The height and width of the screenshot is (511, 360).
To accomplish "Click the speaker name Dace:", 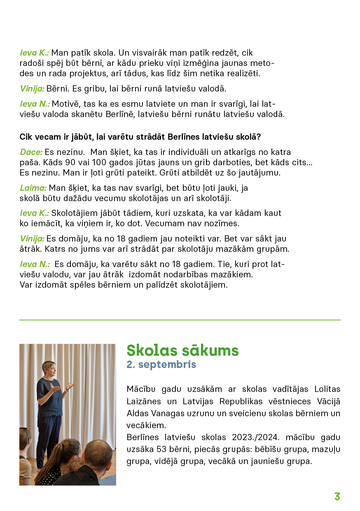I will (31, 152).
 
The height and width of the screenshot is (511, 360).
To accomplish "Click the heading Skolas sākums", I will (182, 350).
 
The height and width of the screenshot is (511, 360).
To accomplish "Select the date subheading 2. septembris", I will (161, 365).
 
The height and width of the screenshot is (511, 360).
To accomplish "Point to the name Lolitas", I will (327, 389).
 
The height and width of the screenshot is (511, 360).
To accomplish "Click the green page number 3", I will (337, 497).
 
